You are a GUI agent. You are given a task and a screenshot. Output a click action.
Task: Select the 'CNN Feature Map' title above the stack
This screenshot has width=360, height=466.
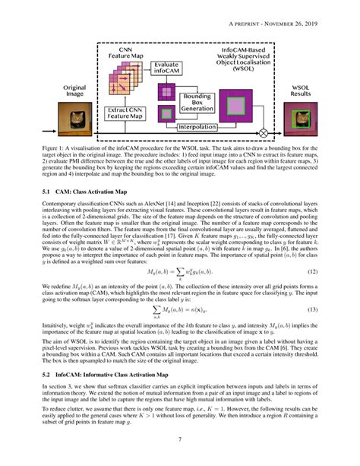[x=123, y=53]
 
